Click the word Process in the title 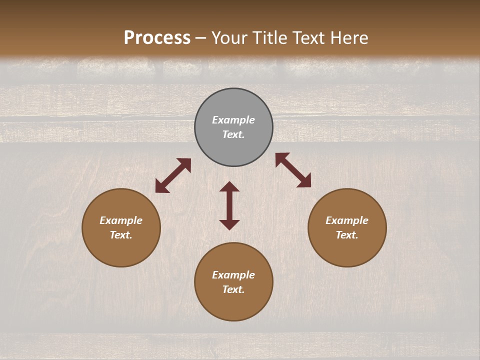[157, 38]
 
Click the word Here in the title [350, 38]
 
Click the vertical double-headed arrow [229, 205]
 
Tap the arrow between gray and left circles [173, 175]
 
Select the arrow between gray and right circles [293, 170]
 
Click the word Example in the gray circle [233, 120]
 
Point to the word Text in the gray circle [233, 134]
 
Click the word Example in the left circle [121, 220]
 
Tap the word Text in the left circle [121, 235]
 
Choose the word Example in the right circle [347, 220]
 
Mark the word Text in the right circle [347, 235]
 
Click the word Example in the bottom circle [233, 275]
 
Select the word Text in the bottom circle [233, 289]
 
